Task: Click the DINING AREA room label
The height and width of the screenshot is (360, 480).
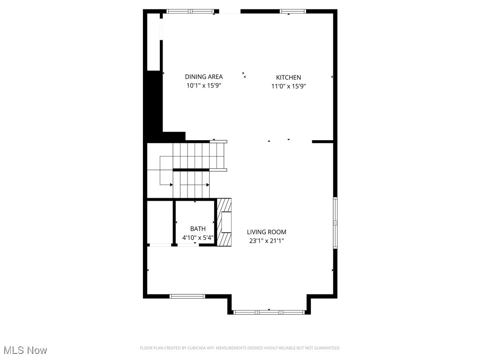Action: point(203,77)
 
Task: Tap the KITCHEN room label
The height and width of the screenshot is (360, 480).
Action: point(288,77)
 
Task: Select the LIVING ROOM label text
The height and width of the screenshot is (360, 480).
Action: point(267,232)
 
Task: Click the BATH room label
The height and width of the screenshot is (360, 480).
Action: point(198,229)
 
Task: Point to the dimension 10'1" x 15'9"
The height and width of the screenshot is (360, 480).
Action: point(203,86)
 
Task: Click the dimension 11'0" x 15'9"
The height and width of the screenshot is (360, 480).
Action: point(288,86)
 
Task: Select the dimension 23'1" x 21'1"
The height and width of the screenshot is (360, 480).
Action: point(267,241)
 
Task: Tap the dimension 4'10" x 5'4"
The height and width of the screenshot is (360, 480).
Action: point(198,238)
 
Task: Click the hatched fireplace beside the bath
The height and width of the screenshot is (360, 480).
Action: point(225,222)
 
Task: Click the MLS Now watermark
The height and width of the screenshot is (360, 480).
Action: point(25,350)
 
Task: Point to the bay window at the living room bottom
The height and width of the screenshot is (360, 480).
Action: point(269,311)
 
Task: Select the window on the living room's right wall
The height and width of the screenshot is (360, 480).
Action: point(335,223)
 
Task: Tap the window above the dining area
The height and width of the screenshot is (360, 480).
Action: point(192,11)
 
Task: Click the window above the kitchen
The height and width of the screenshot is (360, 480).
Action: point(293,11)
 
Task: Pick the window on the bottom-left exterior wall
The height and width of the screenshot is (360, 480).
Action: point(187,296)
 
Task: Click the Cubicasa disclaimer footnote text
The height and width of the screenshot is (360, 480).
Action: point(240,348)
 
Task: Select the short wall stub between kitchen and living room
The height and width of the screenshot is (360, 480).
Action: point(322,141)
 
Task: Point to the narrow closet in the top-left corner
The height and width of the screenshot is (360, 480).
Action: point(154,42)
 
